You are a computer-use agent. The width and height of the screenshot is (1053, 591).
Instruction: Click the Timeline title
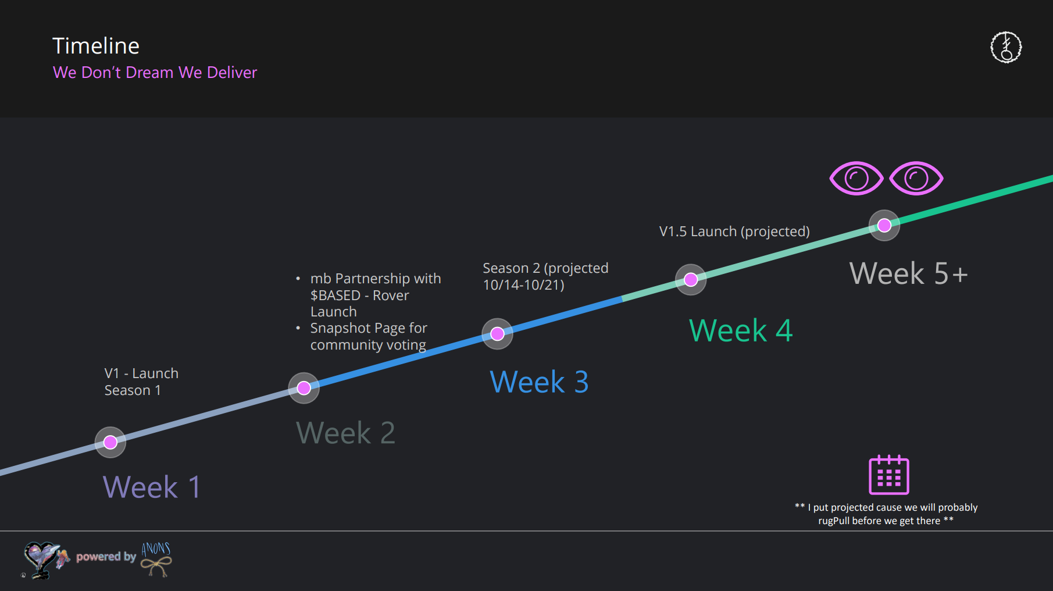tap(96, 46)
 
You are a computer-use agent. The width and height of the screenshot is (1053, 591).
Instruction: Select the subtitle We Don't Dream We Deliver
tap(155, 72)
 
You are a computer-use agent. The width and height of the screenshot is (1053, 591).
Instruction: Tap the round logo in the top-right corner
tap(1006, 47)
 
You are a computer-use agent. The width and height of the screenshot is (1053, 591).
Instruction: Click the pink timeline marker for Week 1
tap(110, 443)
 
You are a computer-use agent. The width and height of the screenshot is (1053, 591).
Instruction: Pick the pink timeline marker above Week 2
tap(304, 388)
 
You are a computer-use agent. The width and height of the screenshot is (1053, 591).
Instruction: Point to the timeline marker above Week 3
tap(497, 334)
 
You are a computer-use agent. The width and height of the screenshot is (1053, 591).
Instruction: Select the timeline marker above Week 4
tap(691, 280)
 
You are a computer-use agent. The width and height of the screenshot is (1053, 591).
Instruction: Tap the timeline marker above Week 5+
tap(884, 225)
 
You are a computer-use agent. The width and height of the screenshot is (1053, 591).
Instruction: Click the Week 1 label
tap(152, 487)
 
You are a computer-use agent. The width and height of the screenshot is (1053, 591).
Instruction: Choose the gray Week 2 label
tap(345, 433)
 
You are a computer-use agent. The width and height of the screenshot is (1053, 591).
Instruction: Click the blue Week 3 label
tap(539, 382)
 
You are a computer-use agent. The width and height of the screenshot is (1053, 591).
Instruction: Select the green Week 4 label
tap(740, 330)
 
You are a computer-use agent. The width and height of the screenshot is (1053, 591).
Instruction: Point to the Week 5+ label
tap(908, 273)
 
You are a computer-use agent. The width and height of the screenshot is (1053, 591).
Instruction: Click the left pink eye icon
tap(856, 178)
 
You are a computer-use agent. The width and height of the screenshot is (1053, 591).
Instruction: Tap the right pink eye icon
tap(916, 178)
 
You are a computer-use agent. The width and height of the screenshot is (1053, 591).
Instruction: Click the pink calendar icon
tap(888, 475)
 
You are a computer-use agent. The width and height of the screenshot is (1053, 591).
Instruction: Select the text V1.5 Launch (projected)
tap(734, 232)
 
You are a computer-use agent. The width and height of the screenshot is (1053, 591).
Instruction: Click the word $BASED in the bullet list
tap(335, 295)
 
